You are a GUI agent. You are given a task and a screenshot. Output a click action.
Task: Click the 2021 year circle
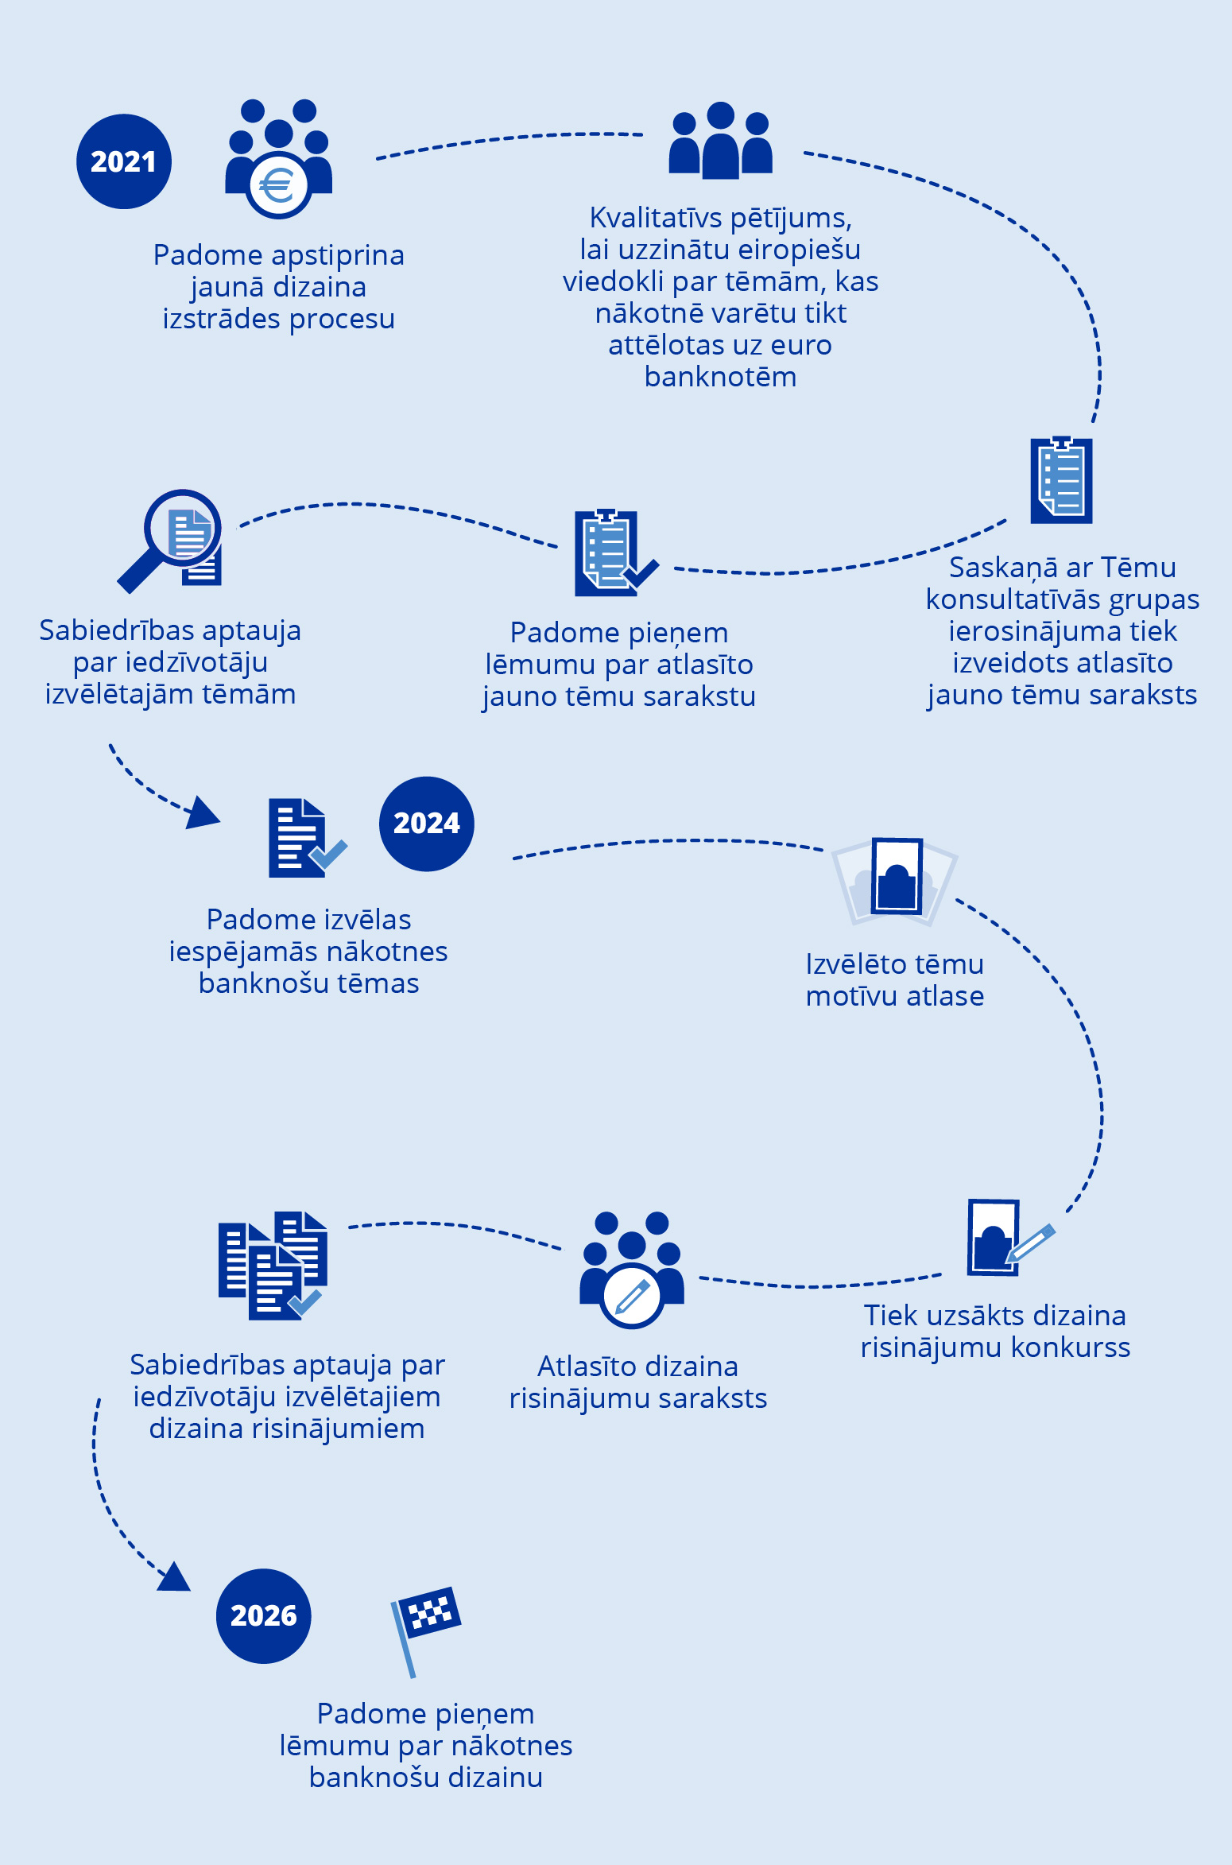tap(123, 161)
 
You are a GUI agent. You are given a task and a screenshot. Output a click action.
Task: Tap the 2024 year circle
tap(426, 824)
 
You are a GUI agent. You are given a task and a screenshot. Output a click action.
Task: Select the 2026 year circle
tap(263, 1615)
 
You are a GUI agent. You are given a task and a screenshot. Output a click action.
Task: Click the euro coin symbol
tap(277, 187)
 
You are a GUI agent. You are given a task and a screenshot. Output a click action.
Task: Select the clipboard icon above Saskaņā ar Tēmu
tap(1061, 479)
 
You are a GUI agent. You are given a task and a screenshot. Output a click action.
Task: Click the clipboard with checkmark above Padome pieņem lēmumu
tap(613, 553)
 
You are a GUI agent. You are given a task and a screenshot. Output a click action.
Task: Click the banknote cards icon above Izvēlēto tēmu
tap(896, 879)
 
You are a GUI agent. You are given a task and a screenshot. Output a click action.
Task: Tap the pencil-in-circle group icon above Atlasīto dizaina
tap(632, 1270)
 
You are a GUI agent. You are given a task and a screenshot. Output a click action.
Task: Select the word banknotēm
tap(720, 377)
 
